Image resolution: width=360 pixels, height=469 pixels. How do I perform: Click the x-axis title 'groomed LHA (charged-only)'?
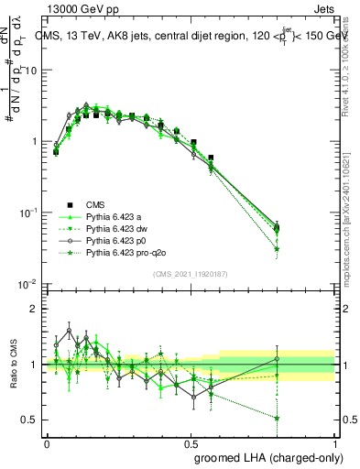[x=265, y=456]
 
